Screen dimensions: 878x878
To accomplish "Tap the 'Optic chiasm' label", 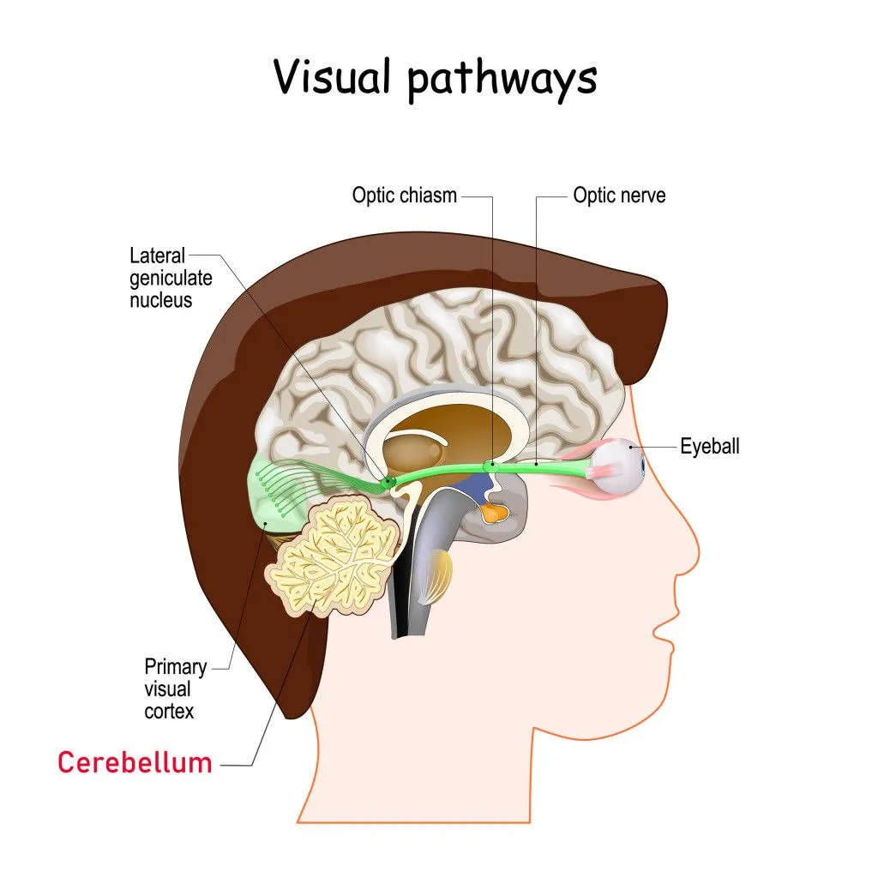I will [x=405, y=195].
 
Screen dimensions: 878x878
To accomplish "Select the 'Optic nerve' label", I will [x=619, y=195].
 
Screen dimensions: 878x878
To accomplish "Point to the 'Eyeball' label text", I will [x=709, y=446].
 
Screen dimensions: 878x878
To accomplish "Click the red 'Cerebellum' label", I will [x=135, y=762].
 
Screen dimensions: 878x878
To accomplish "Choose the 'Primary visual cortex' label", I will [x=169, y=689].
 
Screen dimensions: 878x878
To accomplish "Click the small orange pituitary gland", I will [x=495, y=514].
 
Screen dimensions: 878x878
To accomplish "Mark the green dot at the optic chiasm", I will [x=490, y=466].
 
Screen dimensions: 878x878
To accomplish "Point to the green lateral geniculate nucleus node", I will [x=388, y=483].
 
